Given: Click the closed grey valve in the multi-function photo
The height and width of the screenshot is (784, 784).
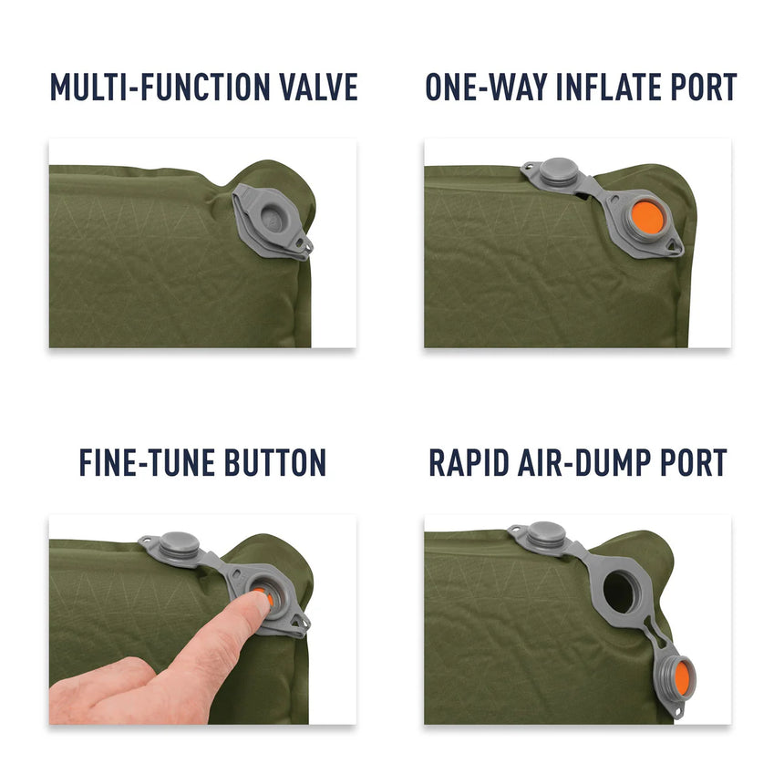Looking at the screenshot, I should [x=270, y=214].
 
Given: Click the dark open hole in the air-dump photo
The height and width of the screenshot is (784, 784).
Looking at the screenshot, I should [x=622, y=593].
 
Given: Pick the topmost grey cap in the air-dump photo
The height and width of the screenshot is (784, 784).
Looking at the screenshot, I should [x=545, y=534].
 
